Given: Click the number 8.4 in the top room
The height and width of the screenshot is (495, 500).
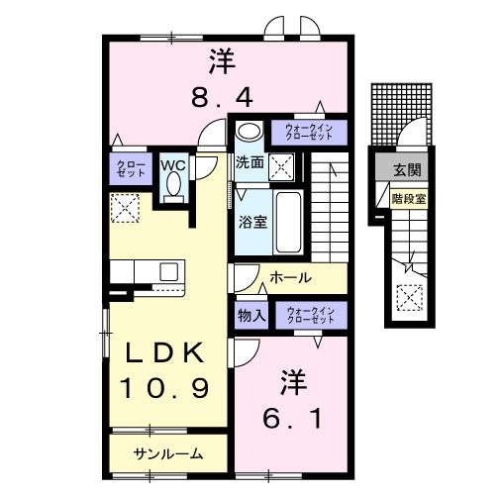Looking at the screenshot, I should click(222, 98).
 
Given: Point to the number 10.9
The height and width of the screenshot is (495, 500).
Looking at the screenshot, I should click(163, 387).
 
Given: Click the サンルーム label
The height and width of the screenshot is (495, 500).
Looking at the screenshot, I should click(168, 454).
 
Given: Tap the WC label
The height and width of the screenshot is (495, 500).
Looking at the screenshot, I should click(174, 163).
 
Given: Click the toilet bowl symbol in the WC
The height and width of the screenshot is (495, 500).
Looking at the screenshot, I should click(175, 185).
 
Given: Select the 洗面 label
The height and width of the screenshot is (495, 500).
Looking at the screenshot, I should click(249, 162).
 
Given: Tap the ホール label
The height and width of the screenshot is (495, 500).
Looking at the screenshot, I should click(291, 278).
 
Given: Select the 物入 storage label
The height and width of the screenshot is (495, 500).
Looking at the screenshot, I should click(250, 316).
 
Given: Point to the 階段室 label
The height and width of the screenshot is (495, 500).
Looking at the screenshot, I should click(408, 198).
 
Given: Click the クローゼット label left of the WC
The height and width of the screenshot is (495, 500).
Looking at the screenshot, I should click(129, 167).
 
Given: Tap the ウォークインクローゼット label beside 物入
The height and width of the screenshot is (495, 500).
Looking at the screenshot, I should click(312, 316).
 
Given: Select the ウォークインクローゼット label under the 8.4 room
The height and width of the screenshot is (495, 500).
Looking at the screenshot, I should click(315, 133).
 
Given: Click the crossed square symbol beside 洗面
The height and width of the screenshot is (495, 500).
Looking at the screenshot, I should click(281, 169).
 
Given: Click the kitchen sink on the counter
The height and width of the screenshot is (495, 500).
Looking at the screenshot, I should click(165, 270).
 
